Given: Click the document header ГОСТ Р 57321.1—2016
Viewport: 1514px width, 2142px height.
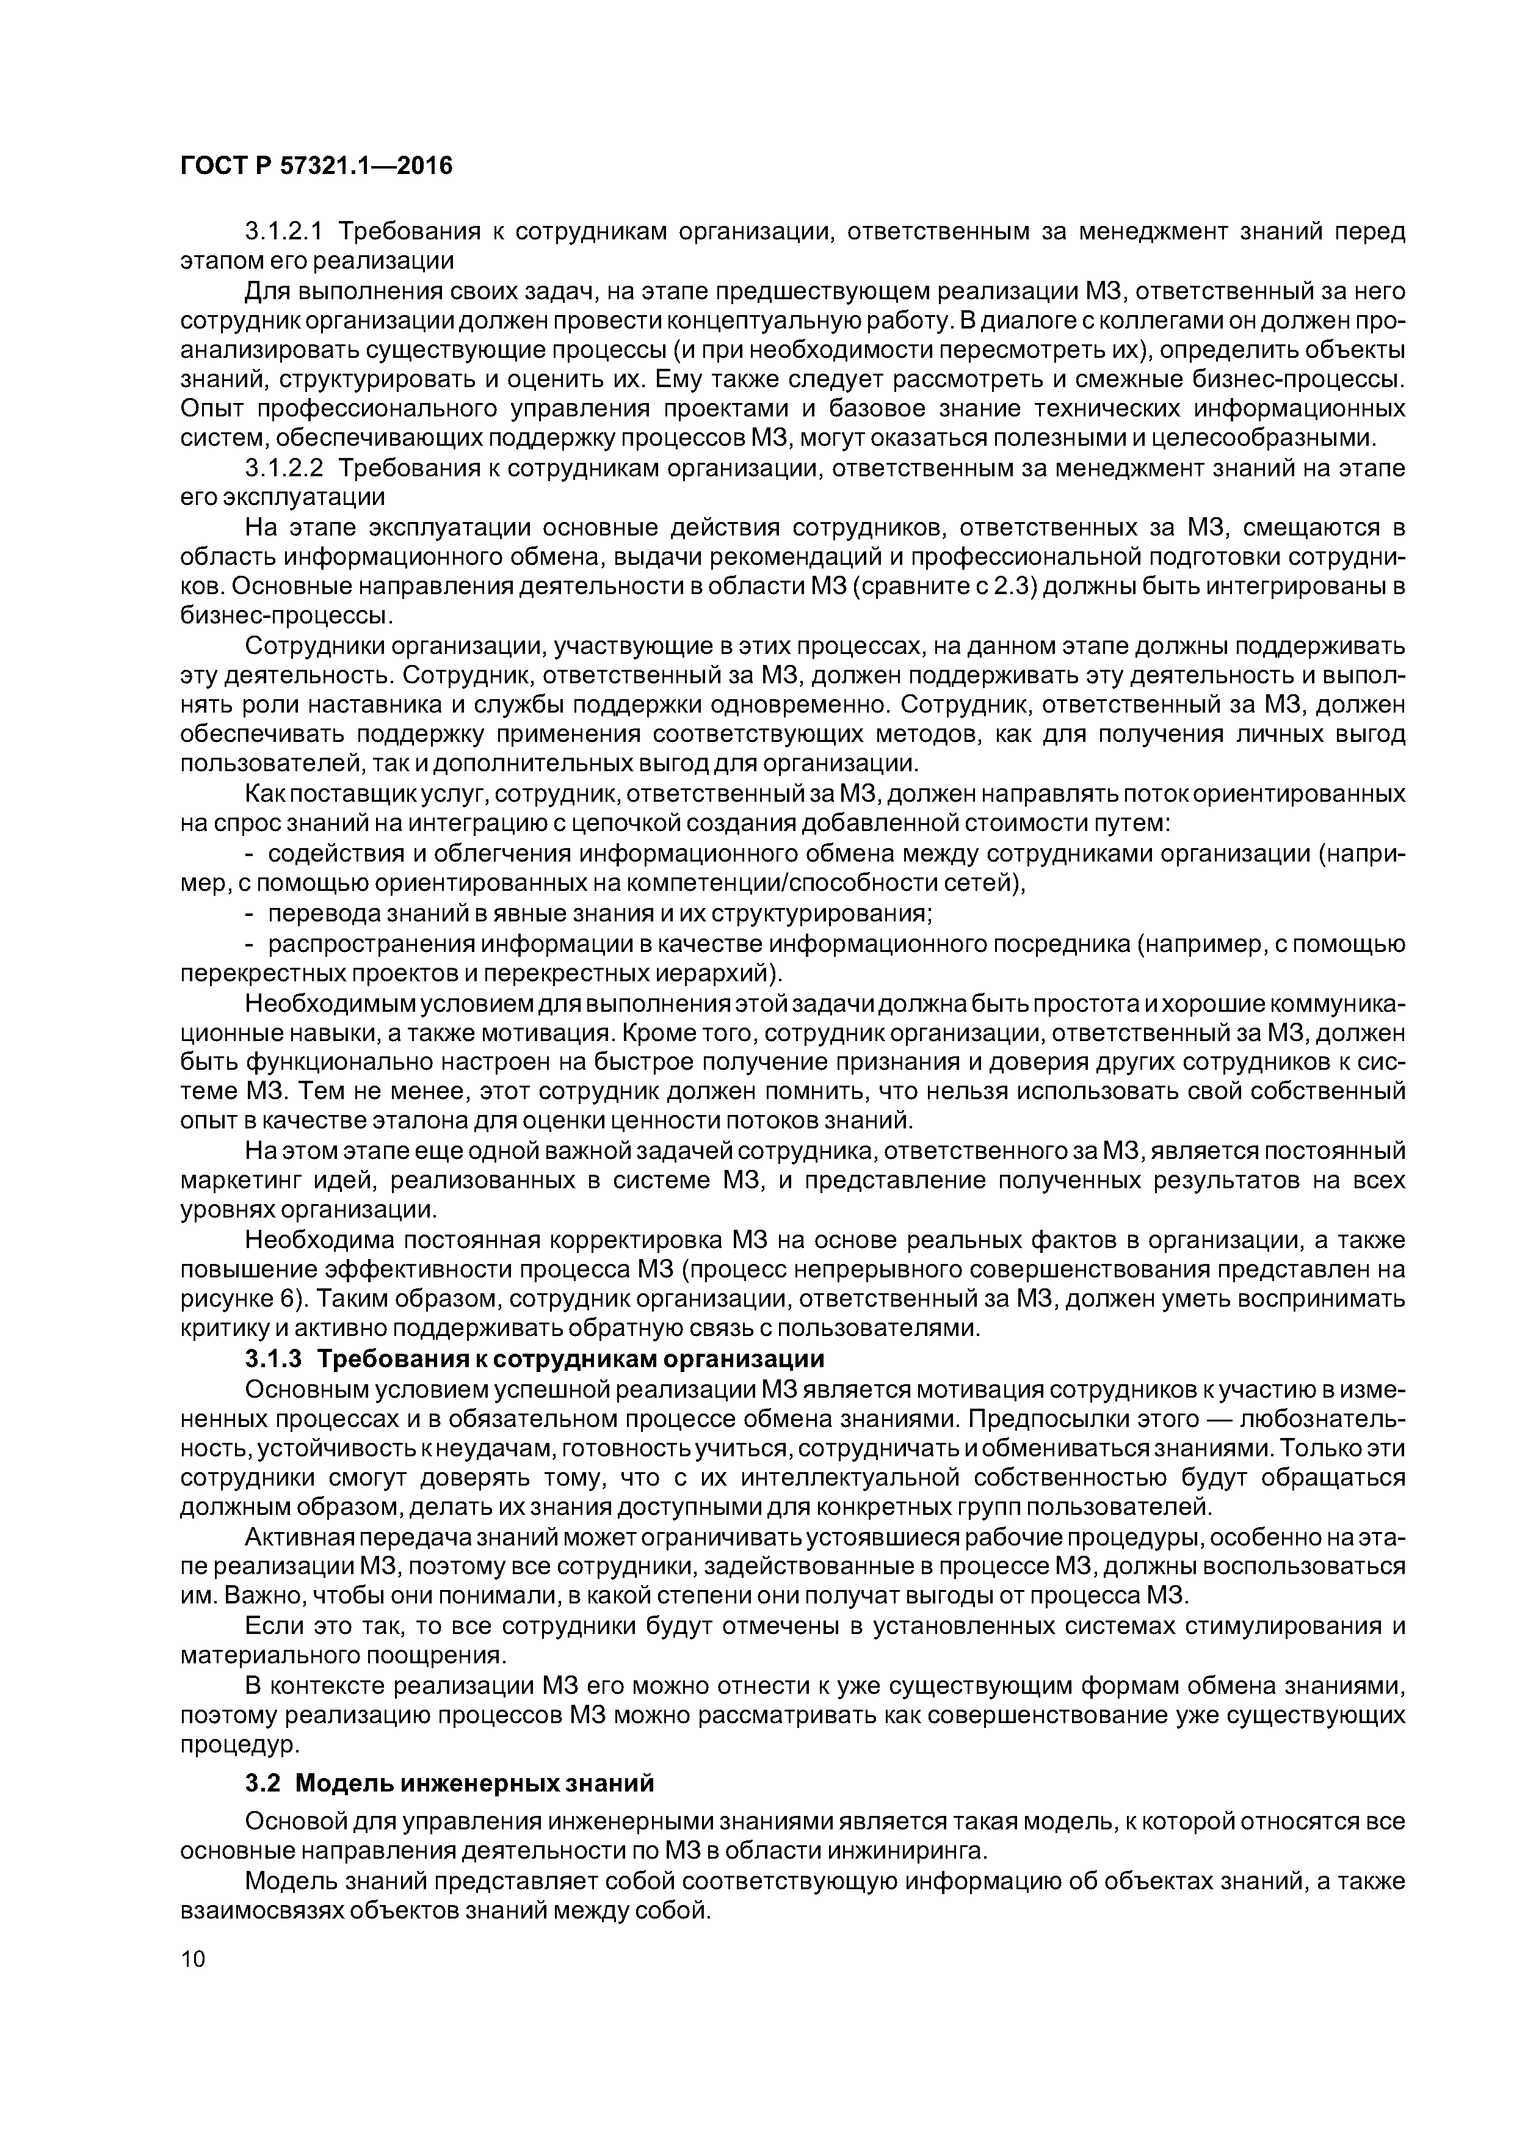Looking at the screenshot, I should [315, 166].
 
